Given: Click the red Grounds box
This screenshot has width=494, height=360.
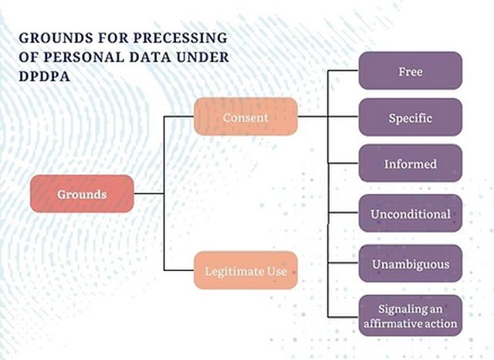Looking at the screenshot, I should (83, 194).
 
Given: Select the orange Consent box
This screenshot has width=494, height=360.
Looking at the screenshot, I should (245, 117).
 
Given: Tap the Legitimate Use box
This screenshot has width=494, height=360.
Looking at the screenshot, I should (245, 271).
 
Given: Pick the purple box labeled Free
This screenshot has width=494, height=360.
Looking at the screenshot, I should (410, 71).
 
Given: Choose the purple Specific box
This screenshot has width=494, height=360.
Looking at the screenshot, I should (410, 117).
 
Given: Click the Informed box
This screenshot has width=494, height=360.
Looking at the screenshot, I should (410, 164).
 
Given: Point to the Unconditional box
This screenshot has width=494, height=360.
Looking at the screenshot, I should (410, 214).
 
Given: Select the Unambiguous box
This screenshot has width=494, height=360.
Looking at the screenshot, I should (410, 264).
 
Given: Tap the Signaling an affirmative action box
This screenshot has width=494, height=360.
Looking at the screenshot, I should (410, 314).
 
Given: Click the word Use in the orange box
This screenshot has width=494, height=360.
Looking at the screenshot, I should (276, 271).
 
